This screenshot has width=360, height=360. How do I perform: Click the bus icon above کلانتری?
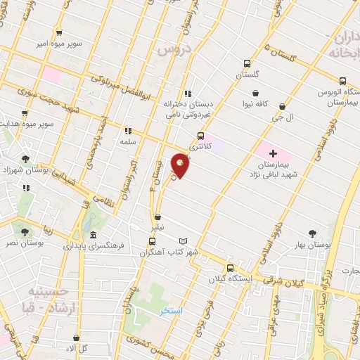[201, 136]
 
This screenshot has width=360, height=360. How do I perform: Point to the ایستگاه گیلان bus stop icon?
[230, 268]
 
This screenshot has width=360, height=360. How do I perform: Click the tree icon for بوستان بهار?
[312, 233]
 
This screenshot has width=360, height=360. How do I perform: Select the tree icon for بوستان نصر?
[25, 230]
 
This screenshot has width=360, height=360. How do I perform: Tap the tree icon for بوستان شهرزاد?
[25, 160]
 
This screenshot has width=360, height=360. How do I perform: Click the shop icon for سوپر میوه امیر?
[58, 32]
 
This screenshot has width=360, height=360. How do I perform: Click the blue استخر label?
[171, 311]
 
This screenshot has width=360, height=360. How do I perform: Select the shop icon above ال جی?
[282, 107]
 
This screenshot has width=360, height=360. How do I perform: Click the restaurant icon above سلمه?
[127, 131]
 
